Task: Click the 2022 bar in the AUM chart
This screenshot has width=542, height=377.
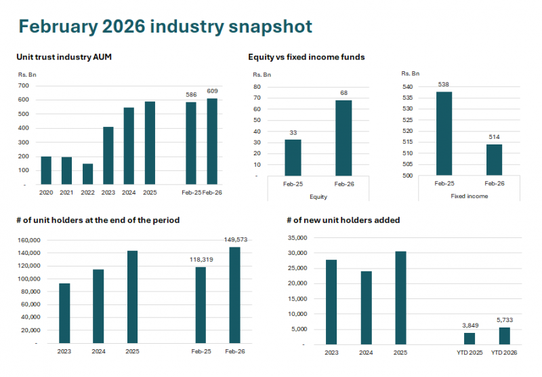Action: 87,174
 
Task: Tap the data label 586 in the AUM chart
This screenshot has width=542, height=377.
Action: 191,95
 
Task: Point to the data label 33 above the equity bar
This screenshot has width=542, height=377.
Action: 293,133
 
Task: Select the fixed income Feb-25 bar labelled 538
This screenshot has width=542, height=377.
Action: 444,134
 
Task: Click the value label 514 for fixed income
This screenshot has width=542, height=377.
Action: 493,138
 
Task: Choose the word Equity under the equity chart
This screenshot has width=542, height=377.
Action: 318,196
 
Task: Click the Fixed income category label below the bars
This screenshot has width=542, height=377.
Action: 469,196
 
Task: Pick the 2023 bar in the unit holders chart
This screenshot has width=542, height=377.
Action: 64,313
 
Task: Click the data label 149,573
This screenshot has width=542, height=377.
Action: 235,239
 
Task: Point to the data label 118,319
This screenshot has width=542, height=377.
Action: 201,259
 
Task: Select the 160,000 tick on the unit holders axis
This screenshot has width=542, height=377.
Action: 28,240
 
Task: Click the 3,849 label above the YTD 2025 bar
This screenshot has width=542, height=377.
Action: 470,326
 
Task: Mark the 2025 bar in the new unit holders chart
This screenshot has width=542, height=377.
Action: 400,298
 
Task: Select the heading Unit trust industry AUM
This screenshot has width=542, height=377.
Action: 64,57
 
